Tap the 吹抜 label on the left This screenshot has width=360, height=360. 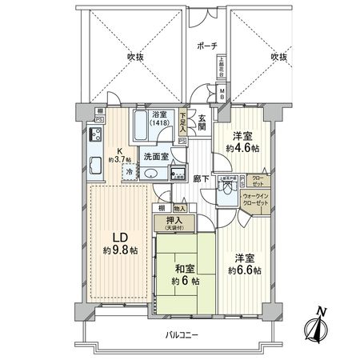click(133, 58)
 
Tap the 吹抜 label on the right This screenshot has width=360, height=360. click(278, 58)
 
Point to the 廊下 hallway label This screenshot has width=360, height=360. click(201, 178)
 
